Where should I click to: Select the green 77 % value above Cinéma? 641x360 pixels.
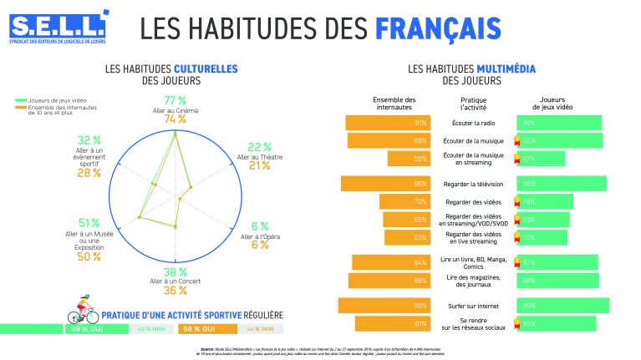[175, 100]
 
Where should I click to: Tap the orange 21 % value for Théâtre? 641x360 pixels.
[259, 165]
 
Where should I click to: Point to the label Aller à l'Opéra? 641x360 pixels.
[260, 236]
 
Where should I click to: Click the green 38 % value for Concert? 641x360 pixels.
[175, 272]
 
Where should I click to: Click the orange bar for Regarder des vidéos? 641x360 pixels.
[404, 202]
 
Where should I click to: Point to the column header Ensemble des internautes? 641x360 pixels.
[393, 104]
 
